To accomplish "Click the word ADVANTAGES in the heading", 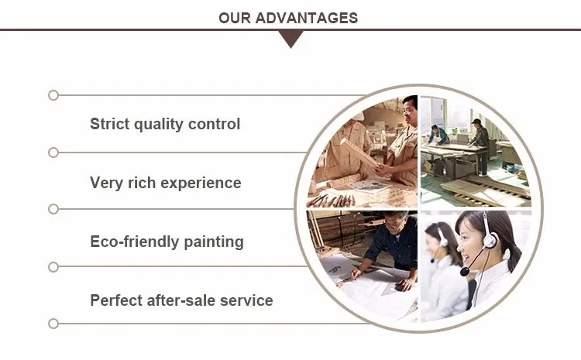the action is (307, 18).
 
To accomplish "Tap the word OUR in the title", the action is (235, 18).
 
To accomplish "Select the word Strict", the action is (109, 124).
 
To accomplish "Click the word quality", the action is (158, 125).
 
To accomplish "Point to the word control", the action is (214, 124).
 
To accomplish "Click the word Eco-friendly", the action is (135, 242).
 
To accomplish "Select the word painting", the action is (214, 242).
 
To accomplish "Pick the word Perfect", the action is (116, 300).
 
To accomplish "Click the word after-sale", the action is (181, 300).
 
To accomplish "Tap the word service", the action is (246, 300).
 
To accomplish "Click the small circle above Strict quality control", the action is (53, 95).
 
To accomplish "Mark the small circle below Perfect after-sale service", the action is (53, 324).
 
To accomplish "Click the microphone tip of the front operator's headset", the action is (464, 272).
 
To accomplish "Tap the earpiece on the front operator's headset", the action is (490, 240).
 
